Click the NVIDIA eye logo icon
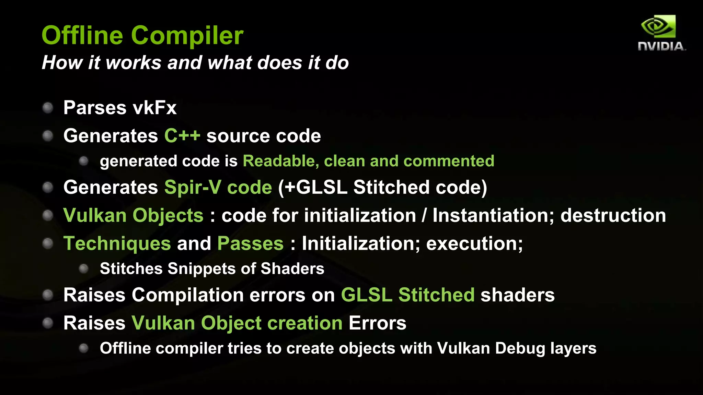(x=658, y=26)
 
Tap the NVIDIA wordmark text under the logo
(x=661, y=46)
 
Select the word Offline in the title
(x=82, y=35)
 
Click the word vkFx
(x=154, y=108)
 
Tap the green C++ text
(x=182, y=136)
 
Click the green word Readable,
(x=280, y=161)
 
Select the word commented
(x=449, y=161)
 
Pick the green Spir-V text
(x=193, y=188)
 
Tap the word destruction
(x=613, y=216)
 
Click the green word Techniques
(x=117, y=244)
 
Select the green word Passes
(x=250, y=244)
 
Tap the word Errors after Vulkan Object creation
(x=377, y=323)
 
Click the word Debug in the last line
(x=520, y=349)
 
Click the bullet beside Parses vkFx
(x=48, y=108)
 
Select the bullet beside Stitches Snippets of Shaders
(x=84, y=268)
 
